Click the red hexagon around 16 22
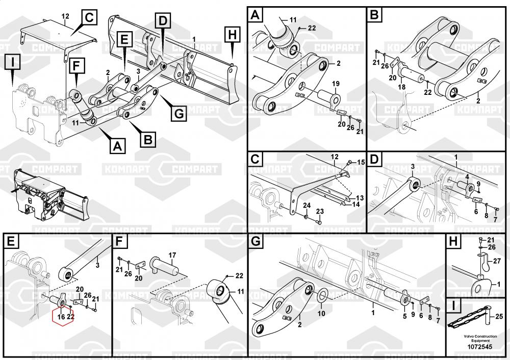coord(64,317)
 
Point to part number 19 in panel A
coord(336,83)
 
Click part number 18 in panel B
coord(402,87)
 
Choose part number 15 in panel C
coord(361,162)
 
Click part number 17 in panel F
coord(172,254)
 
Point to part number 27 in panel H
coord(498,261)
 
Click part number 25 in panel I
coord(499,316)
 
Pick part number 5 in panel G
coord(405,317)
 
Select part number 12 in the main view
coord(65,17)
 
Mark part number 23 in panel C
coord(320,211)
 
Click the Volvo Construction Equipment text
coord(476,339)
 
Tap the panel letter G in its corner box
coord(256,241)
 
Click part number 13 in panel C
coord(360,198)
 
